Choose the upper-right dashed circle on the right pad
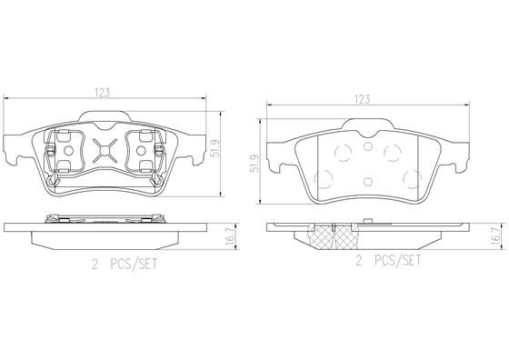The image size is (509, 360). (x=393, y=151)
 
